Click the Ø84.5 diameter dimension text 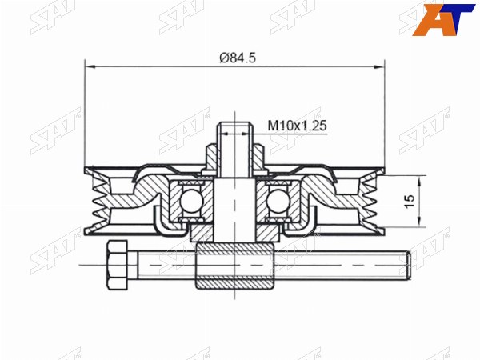tap(238, 58)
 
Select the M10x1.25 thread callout tap(298, 126)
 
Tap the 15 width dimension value tap(410, 202)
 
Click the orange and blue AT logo tap(443, 19)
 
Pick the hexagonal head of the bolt tap(117, 265)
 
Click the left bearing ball tap(192, 202)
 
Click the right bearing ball tap(278, 202)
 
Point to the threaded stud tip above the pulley tap(235, 126)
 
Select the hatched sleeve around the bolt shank tap(234, 265)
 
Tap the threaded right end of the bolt tap(409, 265)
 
